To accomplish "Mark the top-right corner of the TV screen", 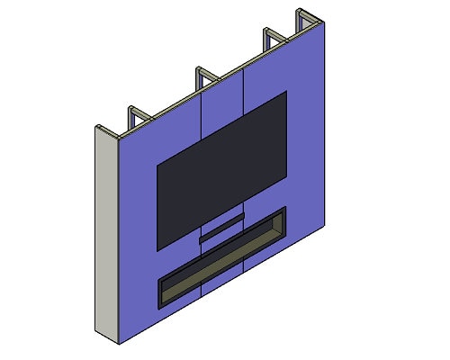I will (286, 92).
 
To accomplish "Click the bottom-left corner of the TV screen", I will (158, 249).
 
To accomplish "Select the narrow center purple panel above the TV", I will (223, 103).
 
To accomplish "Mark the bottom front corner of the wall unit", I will (120, 343).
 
